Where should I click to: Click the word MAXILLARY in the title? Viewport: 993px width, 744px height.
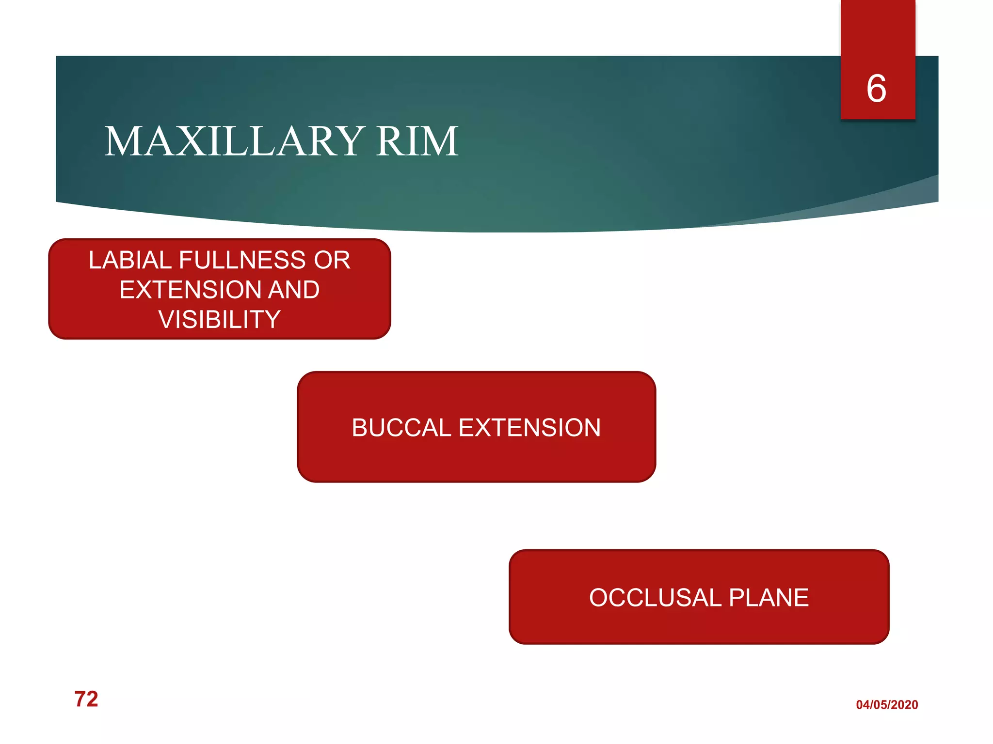click(x=235, y=141)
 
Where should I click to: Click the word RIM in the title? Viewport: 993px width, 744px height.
click(x=417, y=141)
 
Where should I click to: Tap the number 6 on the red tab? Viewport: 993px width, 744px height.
click(x=876, y=89)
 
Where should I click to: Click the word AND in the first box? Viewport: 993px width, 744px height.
click(x=294, y=290)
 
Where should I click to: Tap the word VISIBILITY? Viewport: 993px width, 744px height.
click(x=220, y=320)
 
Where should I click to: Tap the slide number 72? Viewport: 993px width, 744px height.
click(x=86, y=699)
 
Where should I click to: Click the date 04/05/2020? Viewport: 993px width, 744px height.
click(x=887, y=705)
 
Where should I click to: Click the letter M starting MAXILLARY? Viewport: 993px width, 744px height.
click(x=122, y=141)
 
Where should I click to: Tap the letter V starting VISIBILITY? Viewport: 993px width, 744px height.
click(x=166, y=320)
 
